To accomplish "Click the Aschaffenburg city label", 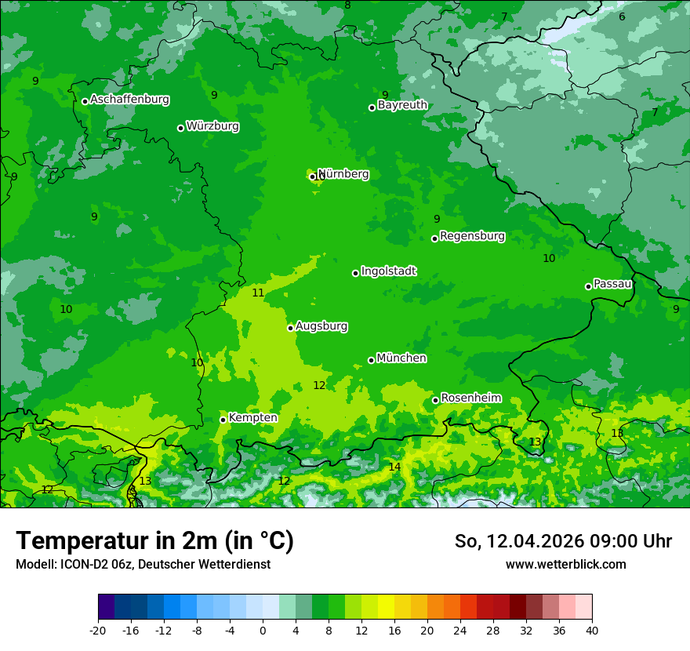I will pyautogui.click(x=129, y=100).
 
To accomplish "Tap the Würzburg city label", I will pyautogui.click(x=212, y=126).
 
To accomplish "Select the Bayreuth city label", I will pyautogui.click(x=402, y=105).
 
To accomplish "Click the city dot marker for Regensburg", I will pyautogui.click(x=434, y=238).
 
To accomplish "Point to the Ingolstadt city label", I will pyautogui.click(x=388, y=271).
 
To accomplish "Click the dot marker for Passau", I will pyautogui.click(x=588, y=286).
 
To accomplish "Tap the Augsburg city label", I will pyautogui.click(x=321, y=326).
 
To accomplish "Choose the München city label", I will pyautogui.click(x=401, y=358).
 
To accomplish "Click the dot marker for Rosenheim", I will pyautogui.click(x=435, y=401).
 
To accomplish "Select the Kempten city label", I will pyautogui.click(x=252, y=418).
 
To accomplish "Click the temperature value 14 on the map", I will pyautogui.click(x=394, y=467).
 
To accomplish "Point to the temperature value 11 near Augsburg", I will pyautogui.click(x=258, y=293).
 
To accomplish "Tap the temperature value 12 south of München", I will pyautogui.click(x=319, y=385).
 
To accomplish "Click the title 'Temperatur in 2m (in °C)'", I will pyautogui.click(x=154, y=540).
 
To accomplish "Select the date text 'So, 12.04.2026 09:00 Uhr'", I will pyautogui.click(x=563, y=541).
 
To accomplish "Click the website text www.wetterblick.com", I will pyautogui.click(x=565, y=565).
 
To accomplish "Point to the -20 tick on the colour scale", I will pyautogui.click(x=98, y=631).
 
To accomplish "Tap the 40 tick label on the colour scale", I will pyautogui.click(x=592, y=631).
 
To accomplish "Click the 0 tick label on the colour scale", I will pyautogui.click(x=263, y=631).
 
